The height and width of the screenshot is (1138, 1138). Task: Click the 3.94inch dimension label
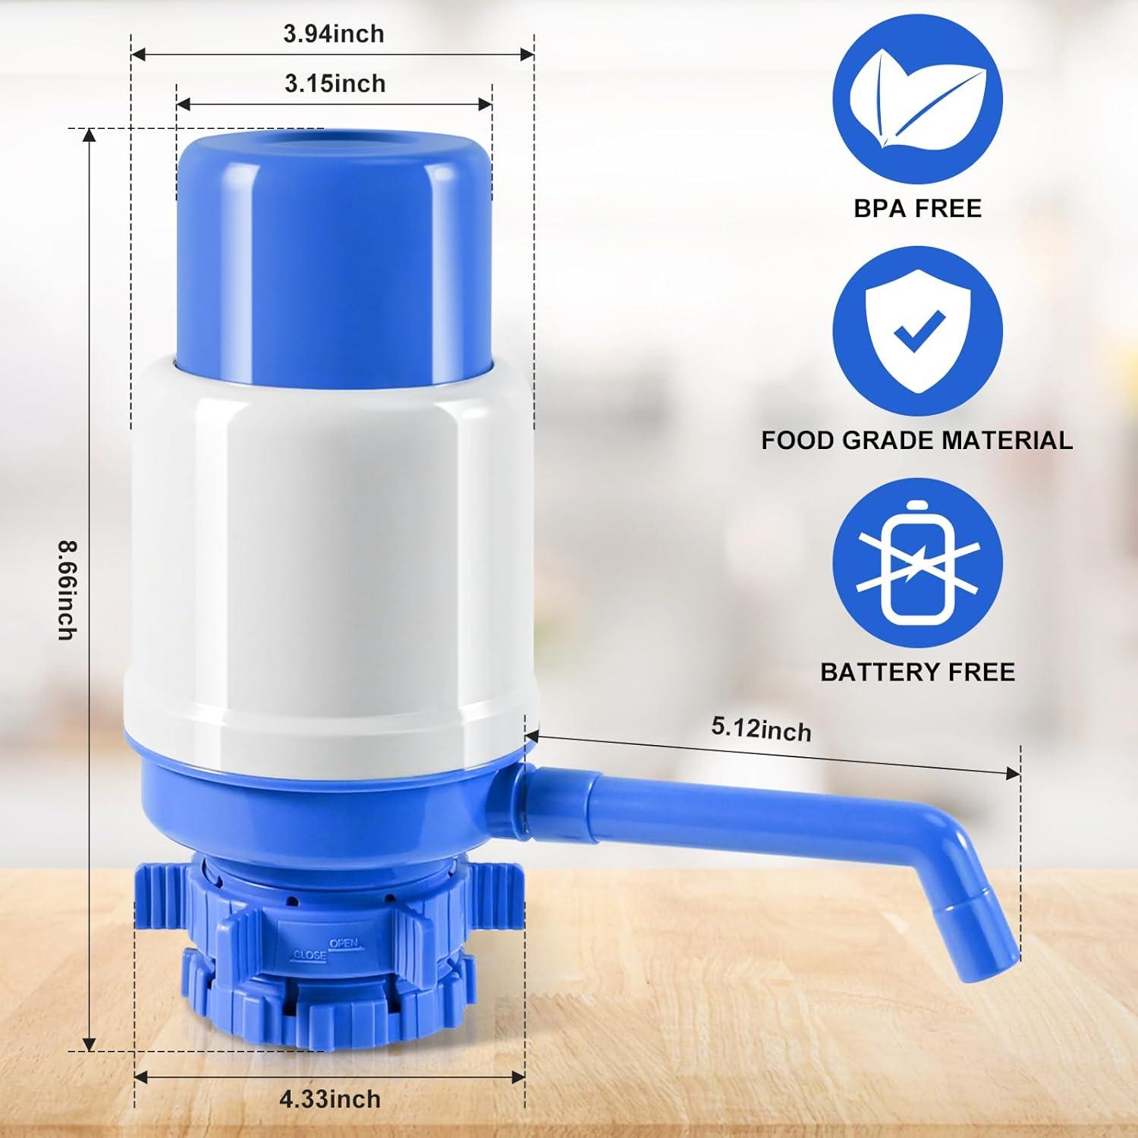point(333,34)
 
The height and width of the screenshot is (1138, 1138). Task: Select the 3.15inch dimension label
point(335,83)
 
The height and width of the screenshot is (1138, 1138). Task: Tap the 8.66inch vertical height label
point(68,589)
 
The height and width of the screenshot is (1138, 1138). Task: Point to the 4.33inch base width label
point(329,1099)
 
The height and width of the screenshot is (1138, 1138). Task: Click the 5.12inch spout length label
point(761,729)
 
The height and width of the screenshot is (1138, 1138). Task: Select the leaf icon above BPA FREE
point(917,99)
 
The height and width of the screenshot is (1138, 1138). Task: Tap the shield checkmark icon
point(917,332)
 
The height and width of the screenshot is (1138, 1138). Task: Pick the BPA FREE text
point(917,209)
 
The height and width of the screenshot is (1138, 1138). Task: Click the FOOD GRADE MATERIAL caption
point(916,441)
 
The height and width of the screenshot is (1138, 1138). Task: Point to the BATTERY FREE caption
point(917,672)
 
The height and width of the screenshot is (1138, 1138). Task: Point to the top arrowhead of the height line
point(90,135)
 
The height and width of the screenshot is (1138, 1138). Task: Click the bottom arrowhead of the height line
point(90,1045)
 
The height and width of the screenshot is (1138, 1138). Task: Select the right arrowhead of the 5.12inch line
point(1014,773)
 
